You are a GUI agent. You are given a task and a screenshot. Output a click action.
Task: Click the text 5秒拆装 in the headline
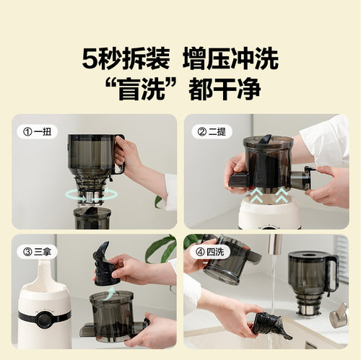point(126,58)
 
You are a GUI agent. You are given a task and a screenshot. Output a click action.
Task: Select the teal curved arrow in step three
point(106,291)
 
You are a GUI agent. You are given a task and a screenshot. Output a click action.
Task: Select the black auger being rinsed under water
point(269,325)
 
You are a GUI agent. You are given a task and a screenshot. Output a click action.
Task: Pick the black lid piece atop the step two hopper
point(266,139)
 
